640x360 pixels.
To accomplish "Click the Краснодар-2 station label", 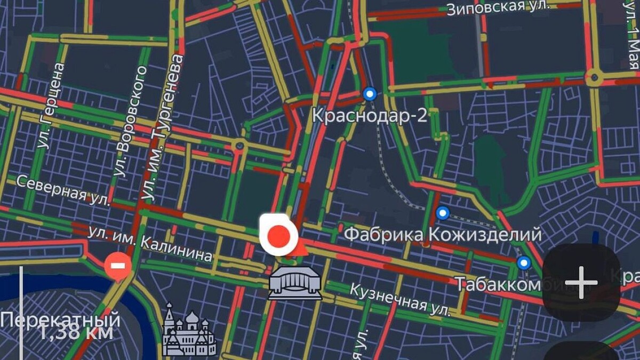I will [x=369, y=115].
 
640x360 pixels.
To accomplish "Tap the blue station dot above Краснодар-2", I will [x=370, y=94].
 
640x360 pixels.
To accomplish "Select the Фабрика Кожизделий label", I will [x=442, y=234].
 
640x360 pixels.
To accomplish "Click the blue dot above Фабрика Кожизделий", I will [x=443, y=213].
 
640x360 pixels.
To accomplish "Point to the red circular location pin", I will [x=278, y=235].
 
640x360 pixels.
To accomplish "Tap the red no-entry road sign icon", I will [x=118, y=266].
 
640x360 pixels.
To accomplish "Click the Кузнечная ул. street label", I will [x=399, y=299].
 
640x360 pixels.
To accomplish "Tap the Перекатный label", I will [x=60, y=321].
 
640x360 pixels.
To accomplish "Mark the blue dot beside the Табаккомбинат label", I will [x=524, y=262].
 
